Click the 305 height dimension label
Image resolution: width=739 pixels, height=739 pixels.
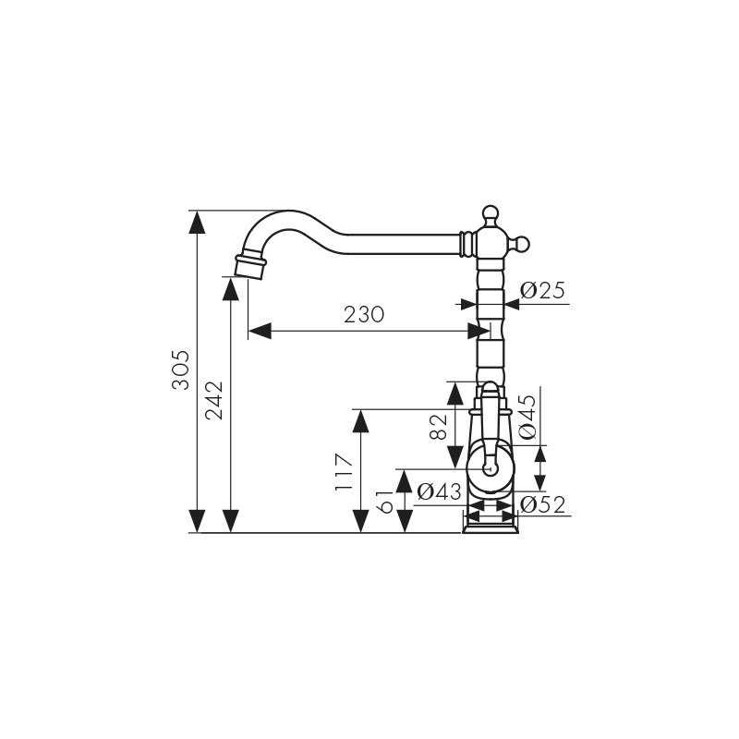180,370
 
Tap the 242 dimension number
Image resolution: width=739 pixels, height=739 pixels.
214,400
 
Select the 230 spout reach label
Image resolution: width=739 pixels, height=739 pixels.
364,315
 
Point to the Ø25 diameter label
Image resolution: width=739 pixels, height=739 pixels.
542,290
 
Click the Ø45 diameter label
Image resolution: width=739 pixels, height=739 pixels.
527,417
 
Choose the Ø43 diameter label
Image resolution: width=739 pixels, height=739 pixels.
440,492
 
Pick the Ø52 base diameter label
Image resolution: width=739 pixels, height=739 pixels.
542,505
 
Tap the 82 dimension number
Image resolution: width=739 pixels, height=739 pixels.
439,427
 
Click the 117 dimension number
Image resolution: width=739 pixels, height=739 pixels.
344,472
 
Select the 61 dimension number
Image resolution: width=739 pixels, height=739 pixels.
385,502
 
